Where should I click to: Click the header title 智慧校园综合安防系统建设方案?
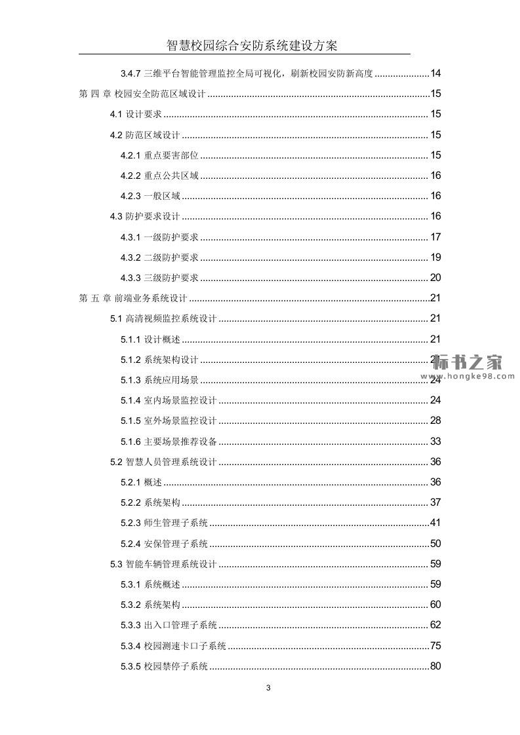[252, 45]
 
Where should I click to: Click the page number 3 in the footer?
[268, 688]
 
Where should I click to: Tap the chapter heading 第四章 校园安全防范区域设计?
[142, 94]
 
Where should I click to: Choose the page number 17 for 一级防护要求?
[435, 237]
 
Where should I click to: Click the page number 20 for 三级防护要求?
[435, 278]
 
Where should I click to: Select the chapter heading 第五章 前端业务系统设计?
[133, 299]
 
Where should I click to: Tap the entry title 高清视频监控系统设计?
[170, 319]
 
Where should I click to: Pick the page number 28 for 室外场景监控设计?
[435, 421]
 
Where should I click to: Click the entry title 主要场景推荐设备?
[180, 442]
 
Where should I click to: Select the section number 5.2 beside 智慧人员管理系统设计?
[116, 462]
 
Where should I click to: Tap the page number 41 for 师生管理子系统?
[435, 523]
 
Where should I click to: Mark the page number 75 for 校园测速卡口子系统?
[435, 646]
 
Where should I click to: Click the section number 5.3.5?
[130, 667]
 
